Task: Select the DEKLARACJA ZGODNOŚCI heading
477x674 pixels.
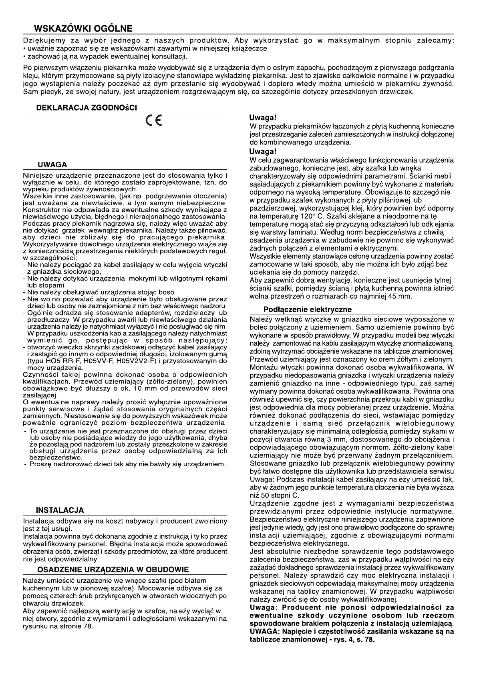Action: tap(87, 108)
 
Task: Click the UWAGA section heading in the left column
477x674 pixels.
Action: tap(52, 165)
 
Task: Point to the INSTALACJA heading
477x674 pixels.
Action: tap(60, 510)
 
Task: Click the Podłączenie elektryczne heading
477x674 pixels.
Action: tap(307, 309)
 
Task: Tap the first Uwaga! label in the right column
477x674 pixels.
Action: tap(263, 118)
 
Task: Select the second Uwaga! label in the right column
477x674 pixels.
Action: tap(263, 152)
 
